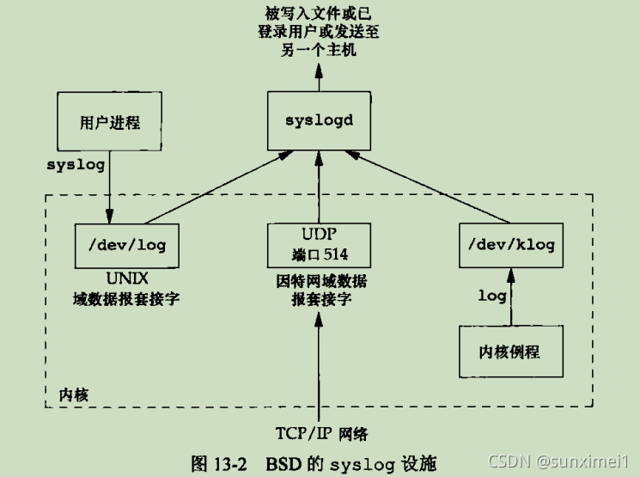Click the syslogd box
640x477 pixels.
pyautogui.click(x=320, y=119)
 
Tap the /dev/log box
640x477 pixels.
pyautogui.click(x=127, y=244)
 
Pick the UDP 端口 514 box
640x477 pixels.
pyautogui.click(x=320, y=244)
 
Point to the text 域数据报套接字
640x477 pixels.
pyautogui.click(x=127, y=300)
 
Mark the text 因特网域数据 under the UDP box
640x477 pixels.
pyautogui.click(x=320, y=281)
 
